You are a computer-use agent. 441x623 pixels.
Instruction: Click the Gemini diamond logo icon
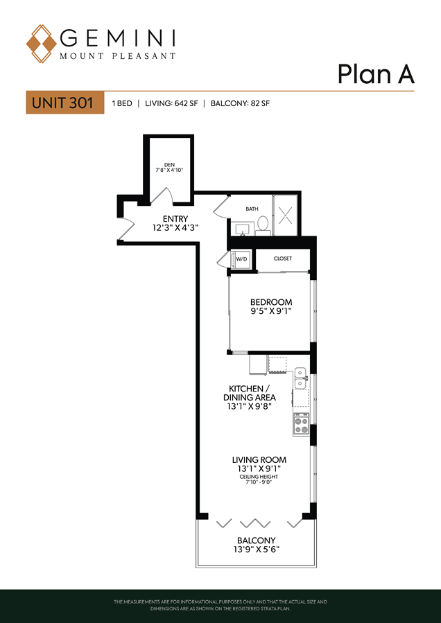pos(42,44)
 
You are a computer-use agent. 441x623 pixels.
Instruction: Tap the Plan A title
pos(376,74)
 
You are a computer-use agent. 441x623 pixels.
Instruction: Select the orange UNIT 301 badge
pos(65,103)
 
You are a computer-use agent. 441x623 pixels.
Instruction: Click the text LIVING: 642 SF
pos(171,104)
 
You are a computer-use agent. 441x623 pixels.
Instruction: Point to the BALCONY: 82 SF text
pos(240,104)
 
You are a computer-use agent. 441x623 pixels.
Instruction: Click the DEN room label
pos(169,164)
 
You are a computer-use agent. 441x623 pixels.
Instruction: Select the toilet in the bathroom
pos(262,225)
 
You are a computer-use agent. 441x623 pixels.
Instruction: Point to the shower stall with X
pos(286,215)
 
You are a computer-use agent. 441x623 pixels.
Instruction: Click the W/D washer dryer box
pos(242,260)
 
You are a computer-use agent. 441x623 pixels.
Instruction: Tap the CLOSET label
pos(283,258)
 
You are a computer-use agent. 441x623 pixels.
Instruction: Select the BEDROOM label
pos(271,302)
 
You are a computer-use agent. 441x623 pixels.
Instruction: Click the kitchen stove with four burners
pos(301,424)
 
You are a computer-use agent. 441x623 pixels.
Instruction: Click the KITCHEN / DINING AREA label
pos(250,393)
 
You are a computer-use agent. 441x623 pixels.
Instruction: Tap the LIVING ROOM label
pos(259,460)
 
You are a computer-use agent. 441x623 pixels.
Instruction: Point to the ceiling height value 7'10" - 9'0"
pos(259,482)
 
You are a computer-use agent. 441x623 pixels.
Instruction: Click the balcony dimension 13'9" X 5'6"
pos(257,550)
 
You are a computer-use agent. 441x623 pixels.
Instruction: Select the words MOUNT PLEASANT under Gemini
pos(117,56)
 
